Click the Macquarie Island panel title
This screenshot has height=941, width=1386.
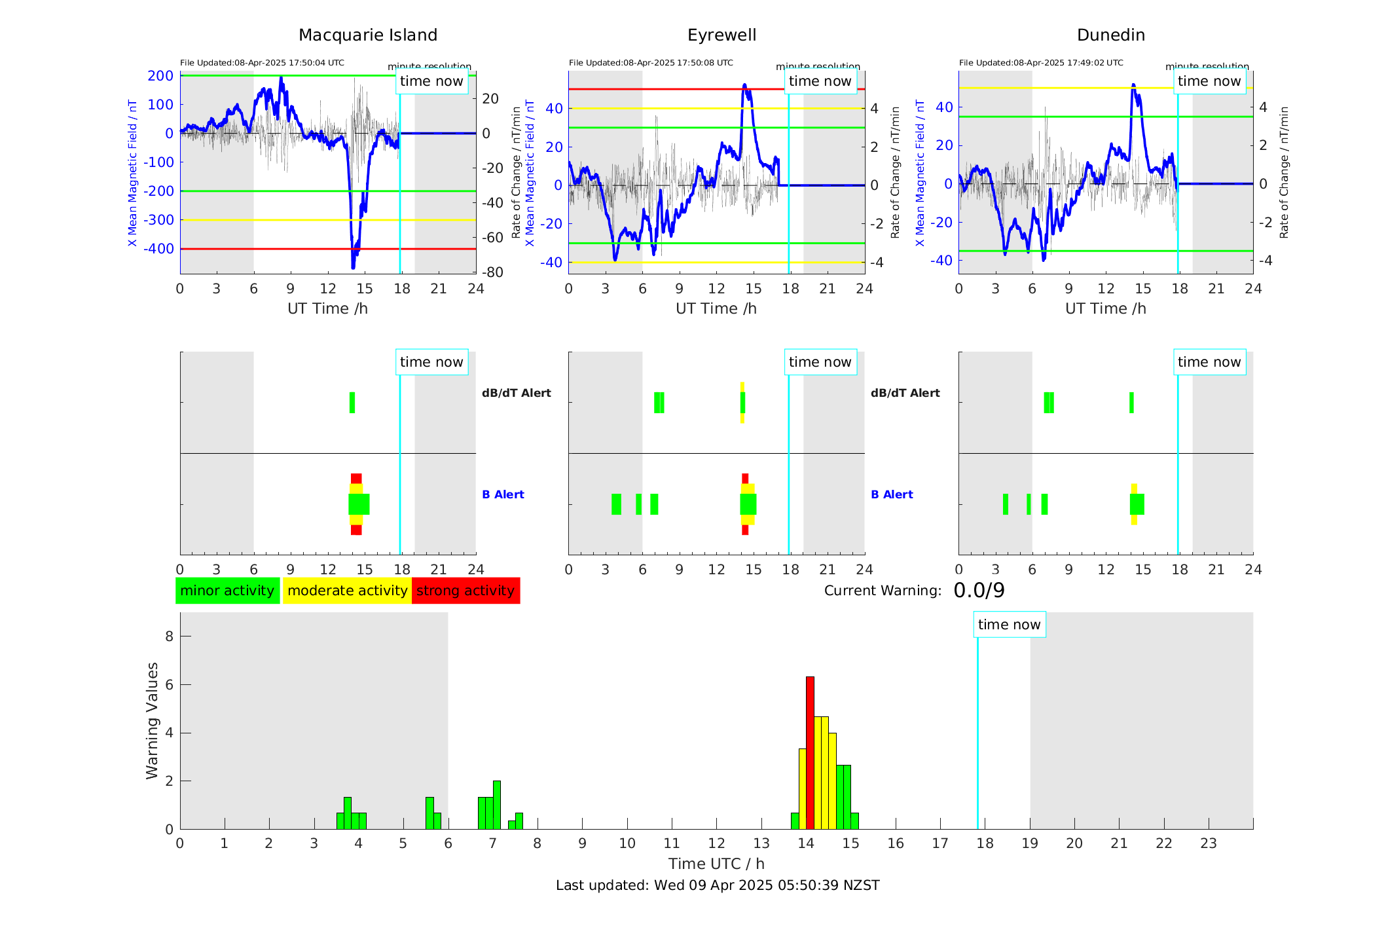tap(367, 35)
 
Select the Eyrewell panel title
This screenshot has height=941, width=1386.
tap(721, 35)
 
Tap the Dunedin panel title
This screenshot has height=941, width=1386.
tap(1110, 35)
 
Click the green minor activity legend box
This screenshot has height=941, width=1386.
tap(227, 591)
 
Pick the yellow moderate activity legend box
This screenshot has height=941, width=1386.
tap(347, 591)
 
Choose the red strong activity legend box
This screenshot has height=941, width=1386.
tap(465, 591)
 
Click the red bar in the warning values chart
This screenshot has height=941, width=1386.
tap(810, 753)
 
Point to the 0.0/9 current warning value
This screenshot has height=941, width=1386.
tap(979, 591)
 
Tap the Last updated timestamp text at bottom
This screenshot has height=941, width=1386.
tap(718, 885)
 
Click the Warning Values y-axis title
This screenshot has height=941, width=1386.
tap(152, 720)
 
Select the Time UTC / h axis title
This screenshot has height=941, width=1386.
tap(716, 864)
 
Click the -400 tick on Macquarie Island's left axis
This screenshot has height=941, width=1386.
tap(159, 249)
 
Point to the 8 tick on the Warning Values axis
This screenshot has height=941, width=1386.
tap(169, 636)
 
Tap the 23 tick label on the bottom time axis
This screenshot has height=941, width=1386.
tap(1208, 843)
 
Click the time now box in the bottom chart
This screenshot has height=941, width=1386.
tap(1009, 625)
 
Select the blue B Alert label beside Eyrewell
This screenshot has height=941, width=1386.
tap(892, 494)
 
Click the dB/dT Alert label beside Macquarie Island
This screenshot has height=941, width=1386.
tap(516, 393)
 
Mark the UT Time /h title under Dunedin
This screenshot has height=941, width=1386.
tap(1106, 308)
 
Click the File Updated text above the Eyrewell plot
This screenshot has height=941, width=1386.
tap(651, 63)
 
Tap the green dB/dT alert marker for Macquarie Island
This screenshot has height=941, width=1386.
tap(352, 403)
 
